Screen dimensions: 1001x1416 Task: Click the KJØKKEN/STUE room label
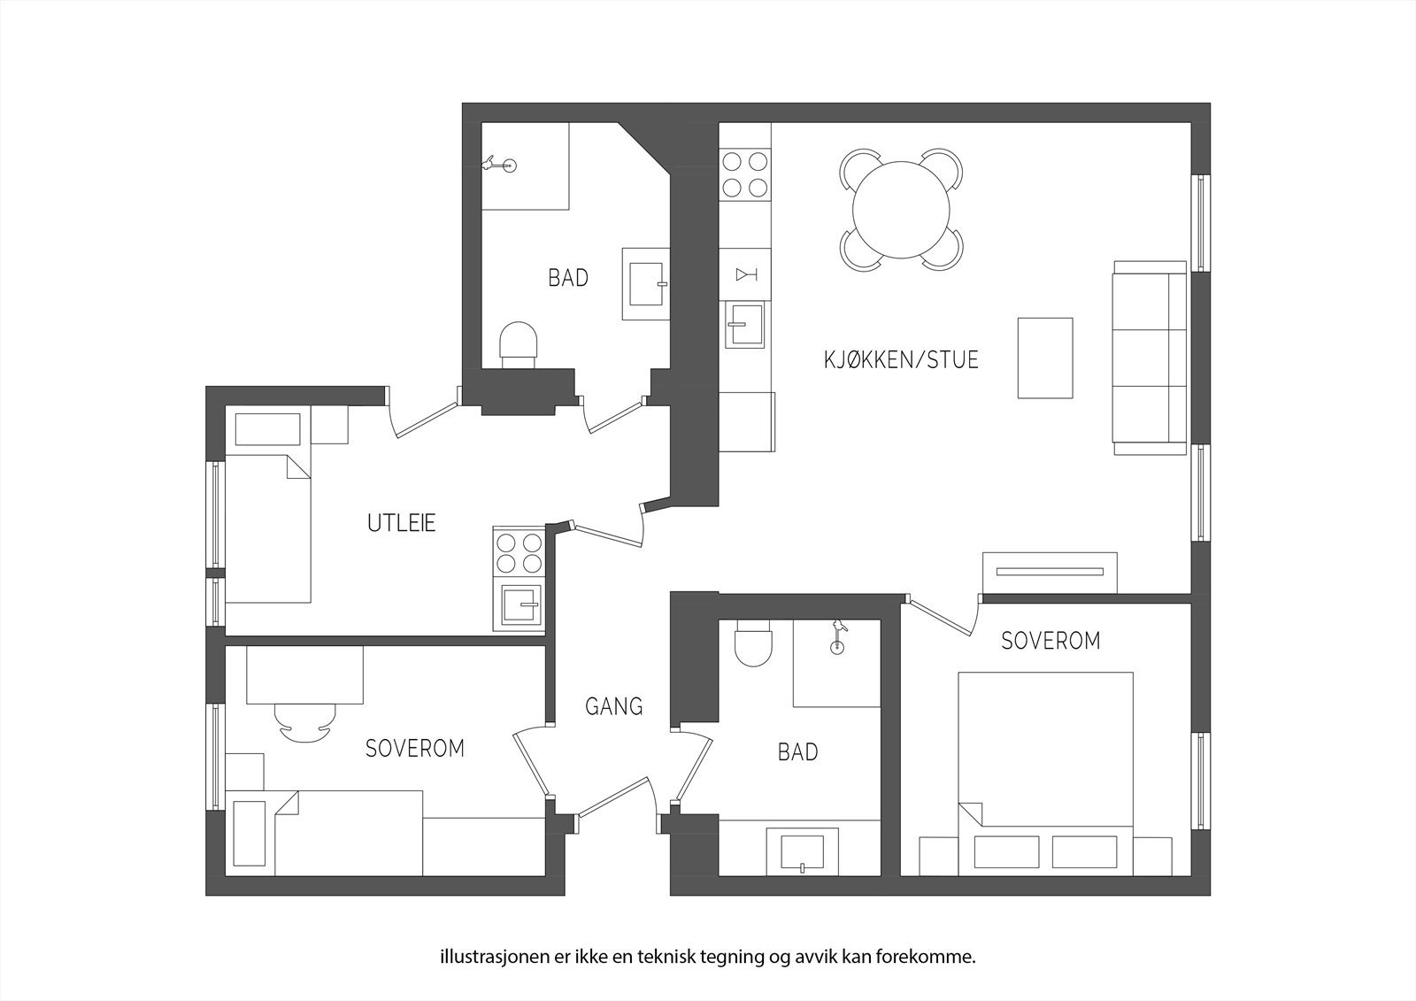[x=901, y=359]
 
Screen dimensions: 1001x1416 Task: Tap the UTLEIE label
[x=402, y=523]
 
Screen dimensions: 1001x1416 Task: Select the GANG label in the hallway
[x=613, y=706]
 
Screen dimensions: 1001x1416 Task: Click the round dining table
[x=901, y=211]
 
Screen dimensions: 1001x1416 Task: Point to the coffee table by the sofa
[x=1045, y=358]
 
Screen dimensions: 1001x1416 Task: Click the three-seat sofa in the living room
[x=1149, y=358]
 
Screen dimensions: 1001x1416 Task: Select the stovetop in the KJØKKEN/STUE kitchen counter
[x=744, y=174]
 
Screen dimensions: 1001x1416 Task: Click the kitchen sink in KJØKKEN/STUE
[x=744, y=326]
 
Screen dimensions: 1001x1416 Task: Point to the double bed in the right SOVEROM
[x=1045, y=752]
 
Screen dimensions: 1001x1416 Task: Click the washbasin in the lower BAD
[x=802, y=852]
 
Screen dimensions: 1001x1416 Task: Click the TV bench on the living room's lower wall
[x=1050, y=572]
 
